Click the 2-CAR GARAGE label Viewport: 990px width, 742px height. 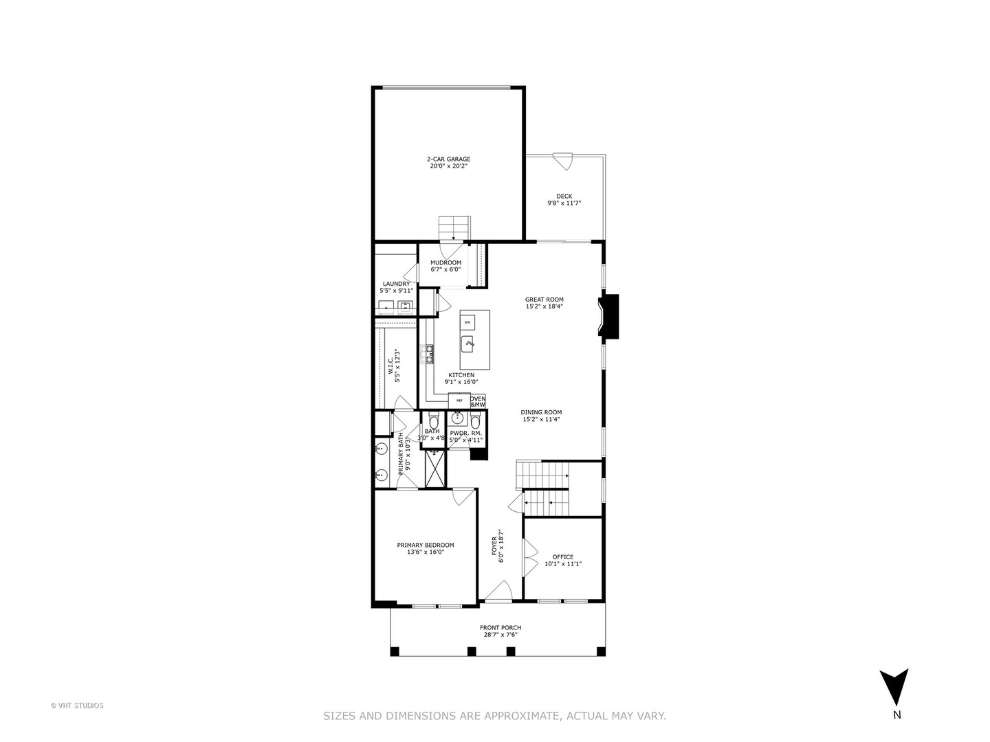point(448,162)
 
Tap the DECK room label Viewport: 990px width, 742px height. point(564,200)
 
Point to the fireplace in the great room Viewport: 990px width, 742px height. point(608,317)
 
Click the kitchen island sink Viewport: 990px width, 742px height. point(470,342)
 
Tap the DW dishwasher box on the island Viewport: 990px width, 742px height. point(467,322)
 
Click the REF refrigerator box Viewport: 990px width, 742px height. point(459,400)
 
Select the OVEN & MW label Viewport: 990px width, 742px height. point(478,401)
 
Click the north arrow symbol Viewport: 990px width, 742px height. point(894,688)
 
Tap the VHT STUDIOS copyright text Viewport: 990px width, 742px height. point(77,705)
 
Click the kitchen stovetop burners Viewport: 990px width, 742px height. point(429,354)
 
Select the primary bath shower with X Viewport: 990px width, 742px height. point(434,469)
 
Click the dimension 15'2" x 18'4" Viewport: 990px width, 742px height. point(544,306)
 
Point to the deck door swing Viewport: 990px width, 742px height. point(563,161)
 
